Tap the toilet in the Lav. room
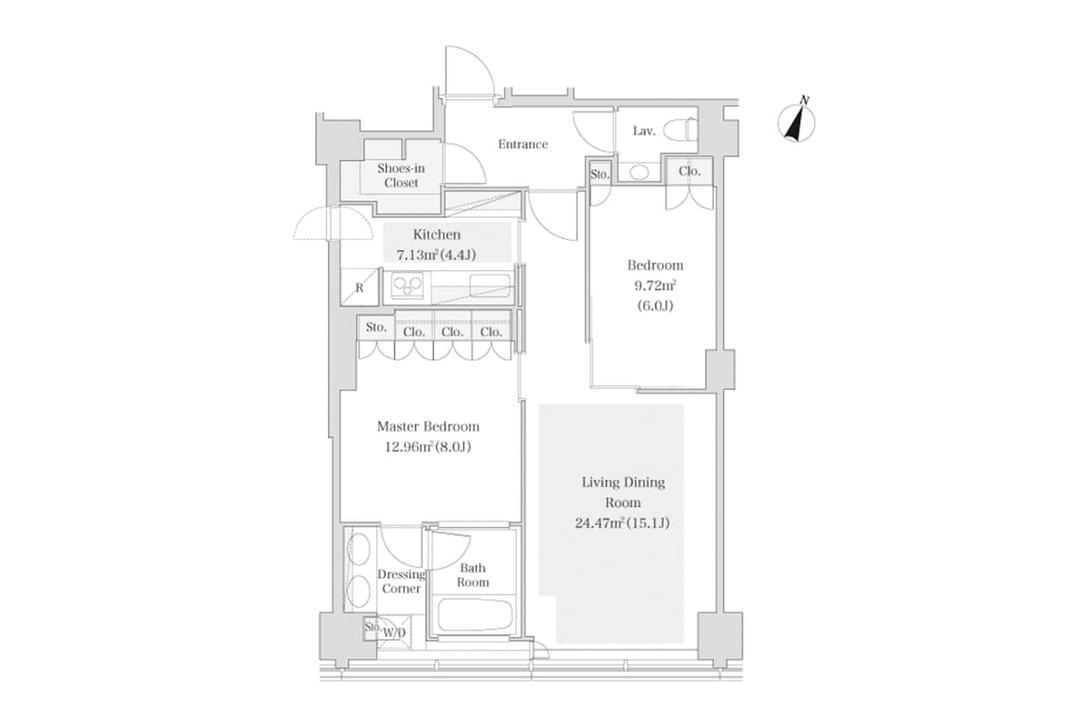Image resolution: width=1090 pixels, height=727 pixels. click(680, 131)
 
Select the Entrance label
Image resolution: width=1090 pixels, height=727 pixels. click(523, 144)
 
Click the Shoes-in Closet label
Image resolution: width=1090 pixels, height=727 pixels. click(401, 175)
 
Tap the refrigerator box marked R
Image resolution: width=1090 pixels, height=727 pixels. click(360, 289)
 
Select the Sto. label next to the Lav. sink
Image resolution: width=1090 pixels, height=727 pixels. click(599, 174)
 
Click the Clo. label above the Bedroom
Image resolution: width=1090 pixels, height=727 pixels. click(689, 171)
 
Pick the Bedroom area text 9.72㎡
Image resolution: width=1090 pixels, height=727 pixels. click(655, 285)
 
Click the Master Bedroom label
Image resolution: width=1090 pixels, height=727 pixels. click(428, 426)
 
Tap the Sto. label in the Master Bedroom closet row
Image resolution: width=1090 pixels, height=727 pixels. click(376, 328)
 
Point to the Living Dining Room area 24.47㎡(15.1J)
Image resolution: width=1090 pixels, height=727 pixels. click(623, 523)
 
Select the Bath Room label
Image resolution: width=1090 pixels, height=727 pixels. click(473, 575)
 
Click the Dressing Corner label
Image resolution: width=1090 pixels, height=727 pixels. click(401, 582)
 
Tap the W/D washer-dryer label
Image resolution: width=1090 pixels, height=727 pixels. click(394, 632)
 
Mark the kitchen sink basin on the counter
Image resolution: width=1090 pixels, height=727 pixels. click(487, 289)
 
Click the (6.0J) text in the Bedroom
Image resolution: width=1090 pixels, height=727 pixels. click(655, 305)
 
